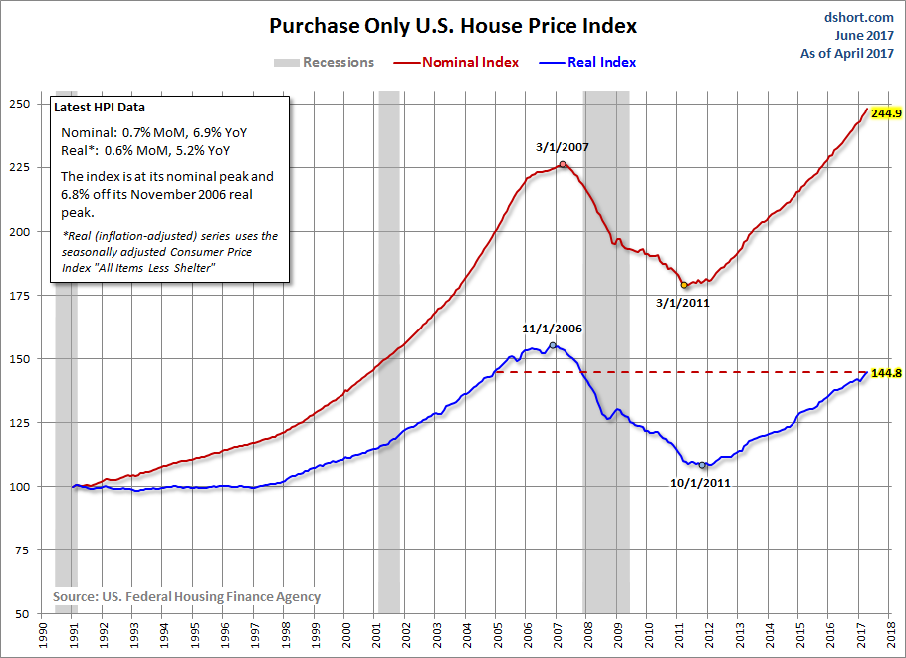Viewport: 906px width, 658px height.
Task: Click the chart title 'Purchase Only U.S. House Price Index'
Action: pyautogui.click(x=453, y=26)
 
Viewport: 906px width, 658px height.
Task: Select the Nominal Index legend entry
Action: pyautogui.click(x=470, y=62)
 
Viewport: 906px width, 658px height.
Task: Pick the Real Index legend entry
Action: pyautogui.click(x=601, y=62)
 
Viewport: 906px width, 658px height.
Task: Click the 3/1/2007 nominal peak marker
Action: pyautogui.click(x=563, y=164)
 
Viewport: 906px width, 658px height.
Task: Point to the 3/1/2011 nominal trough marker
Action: pyautogui.click(x=684, y=285)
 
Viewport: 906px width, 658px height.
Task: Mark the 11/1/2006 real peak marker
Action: pyautogui.click(x=553, y=345)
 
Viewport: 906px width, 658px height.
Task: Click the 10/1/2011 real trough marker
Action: pyautogui.click(x=702, y=465)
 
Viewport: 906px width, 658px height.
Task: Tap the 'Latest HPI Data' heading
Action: pyautogui.click(x=105, y=108)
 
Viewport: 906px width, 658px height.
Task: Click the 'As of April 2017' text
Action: pyautogui.click(x=848, y=55)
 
